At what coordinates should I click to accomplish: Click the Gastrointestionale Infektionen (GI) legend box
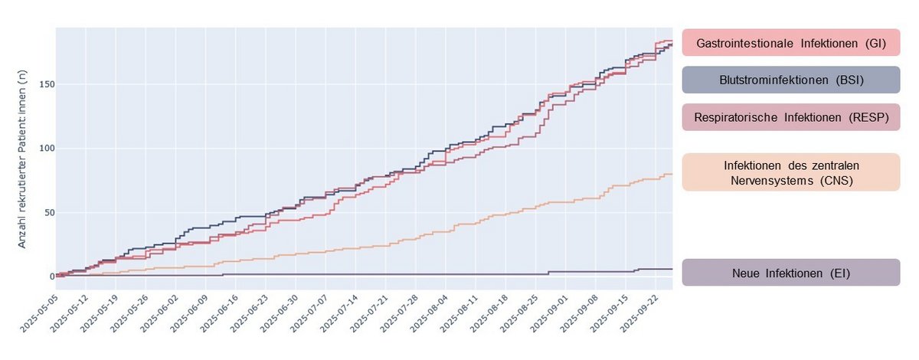pyautogui.click(x=790, y=44)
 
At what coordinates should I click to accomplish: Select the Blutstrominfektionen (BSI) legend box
pyautogui.click(x=790, y=80)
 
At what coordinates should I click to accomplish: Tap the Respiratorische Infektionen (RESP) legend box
pyautogui.click(x=790, y=117)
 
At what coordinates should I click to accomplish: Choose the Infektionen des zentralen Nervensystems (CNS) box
pyautogui.click(x=790, y=172)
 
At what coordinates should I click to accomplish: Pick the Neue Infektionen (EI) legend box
pyautogui.click(x=790, y=272)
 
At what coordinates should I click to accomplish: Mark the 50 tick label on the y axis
pyautogui.click(x=47, y=213)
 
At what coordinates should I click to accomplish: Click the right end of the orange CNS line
pyautogui.click(x=672, y=174)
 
